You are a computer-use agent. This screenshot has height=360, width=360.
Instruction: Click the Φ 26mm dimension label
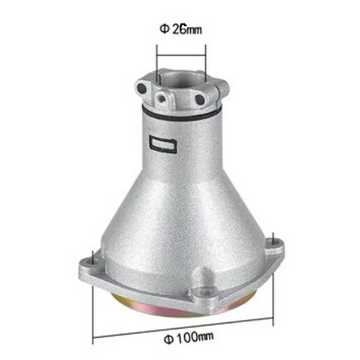[181, 29]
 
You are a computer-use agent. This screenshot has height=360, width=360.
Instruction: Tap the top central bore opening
[181, 79]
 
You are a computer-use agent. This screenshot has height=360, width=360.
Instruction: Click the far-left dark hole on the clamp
[142, 89]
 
